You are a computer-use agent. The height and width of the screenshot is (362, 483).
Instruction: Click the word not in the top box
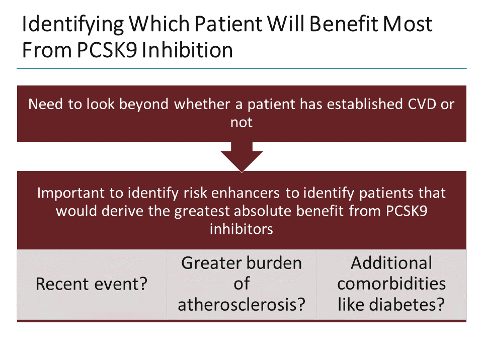pyautogui.click(x=241, y=122)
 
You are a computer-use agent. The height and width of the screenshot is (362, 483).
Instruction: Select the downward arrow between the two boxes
pyautogui.click(x=242, y=156)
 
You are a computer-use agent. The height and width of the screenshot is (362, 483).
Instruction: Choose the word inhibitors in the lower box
pyautogui.click(x=241, y=229)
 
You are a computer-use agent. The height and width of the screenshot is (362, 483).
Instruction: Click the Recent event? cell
pyautogui.click(x=92, y=285)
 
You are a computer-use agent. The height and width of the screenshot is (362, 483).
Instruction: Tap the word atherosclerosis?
pyautogui.click(x=242, y=305)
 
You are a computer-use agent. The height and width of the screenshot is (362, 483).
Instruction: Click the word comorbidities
pyautogui.click(x=391, y=284)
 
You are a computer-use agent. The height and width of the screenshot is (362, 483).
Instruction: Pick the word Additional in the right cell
pyautogui.click(x=391, y=263)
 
